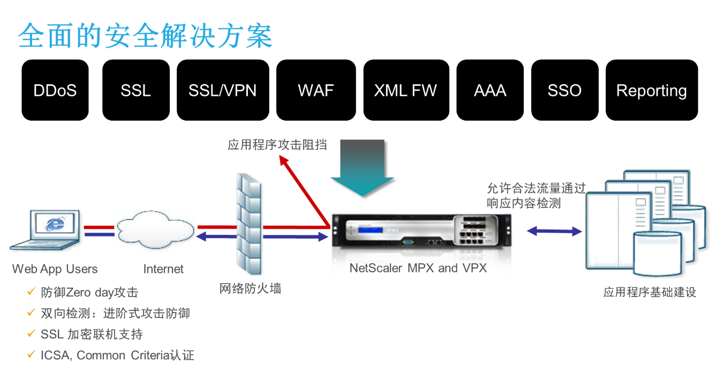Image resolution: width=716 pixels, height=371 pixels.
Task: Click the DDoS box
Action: pos(55,90)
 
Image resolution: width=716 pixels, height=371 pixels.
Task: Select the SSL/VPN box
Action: pos(222,90)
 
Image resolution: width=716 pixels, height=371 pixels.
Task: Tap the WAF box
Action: pos(316,90)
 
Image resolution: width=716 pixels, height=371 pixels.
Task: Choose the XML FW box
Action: pos(405,90)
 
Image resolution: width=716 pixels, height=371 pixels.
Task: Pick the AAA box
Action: pos(490,90)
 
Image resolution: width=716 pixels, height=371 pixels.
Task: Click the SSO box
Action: pos(564,90)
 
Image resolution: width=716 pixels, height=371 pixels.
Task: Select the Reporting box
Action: pos(652,90)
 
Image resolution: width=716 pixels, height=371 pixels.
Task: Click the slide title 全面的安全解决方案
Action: pos(145,36)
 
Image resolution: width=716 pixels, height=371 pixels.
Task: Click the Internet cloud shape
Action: pos(155,230)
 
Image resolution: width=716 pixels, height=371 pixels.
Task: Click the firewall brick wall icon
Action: pos(250,226)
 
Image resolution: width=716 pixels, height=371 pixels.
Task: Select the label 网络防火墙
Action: pos(251,289)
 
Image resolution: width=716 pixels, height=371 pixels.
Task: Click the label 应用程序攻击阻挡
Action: pos(277,145)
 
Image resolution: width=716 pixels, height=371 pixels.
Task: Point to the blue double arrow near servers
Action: pos(554,231)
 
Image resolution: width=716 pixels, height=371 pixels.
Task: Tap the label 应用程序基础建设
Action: pos(650,292)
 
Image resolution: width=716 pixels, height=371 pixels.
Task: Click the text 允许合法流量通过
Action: pos(536,188)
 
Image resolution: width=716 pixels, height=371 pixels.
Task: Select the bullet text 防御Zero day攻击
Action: pos(89,292)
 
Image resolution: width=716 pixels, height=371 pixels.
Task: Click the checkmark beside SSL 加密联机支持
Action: pos(32,333)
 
